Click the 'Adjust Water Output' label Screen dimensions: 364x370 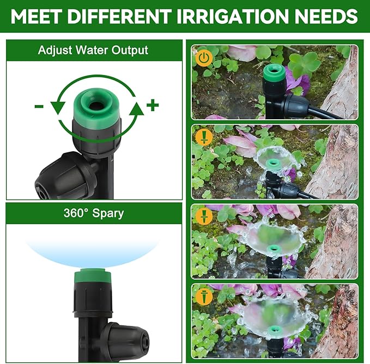pos(93,51)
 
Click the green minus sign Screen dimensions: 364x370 pos(39,106)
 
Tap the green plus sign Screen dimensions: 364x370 pos(153,105)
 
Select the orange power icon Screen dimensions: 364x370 pos(203,57)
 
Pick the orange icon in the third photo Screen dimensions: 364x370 pos(204,216)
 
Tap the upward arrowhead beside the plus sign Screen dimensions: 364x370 pos(136,108)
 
